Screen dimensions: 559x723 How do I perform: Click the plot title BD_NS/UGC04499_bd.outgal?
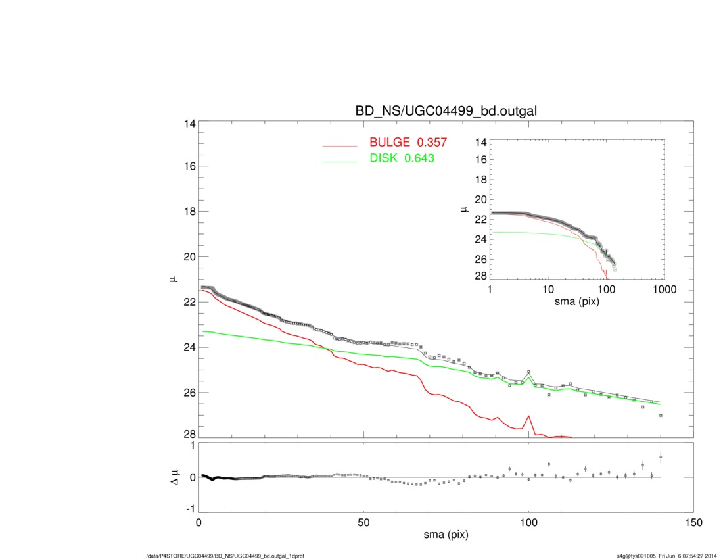446,111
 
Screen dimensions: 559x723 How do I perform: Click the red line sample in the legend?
339,145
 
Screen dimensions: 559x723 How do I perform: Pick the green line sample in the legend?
339,160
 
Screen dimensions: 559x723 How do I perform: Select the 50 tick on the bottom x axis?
363,523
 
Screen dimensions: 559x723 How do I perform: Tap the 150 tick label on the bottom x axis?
693,523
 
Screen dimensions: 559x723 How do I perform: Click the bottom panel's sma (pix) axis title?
446,535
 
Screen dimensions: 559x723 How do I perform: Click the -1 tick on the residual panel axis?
190,509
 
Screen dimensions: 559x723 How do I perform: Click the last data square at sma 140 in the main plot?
661,416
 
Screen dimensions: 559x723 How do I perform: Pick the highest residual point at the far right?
661,456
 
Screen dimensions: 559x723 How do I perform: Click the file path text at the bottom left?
225,556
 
